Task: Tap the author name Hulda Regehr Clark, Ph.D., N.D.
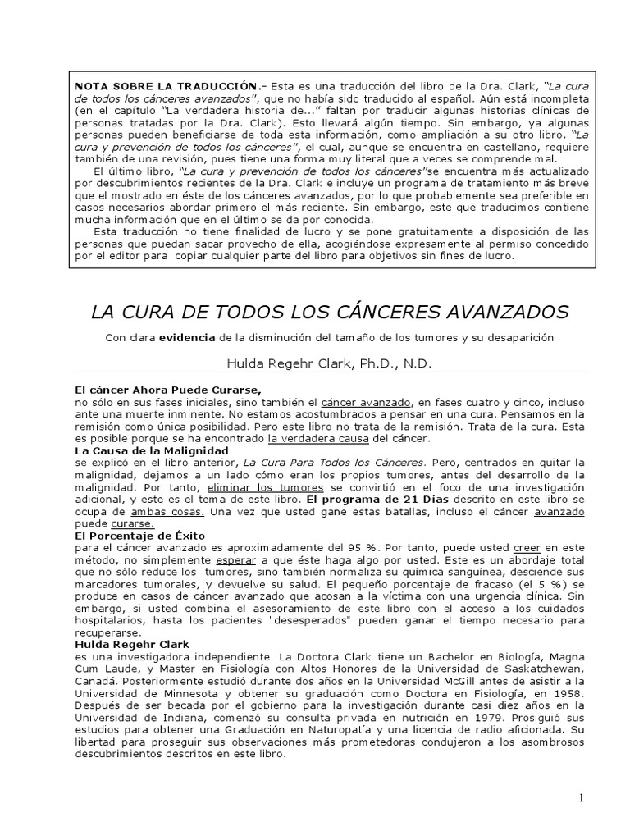[x=329, y=363]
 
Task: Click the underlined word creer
[x=527, y=549]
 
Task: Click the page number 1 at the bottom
[x=581, y=799]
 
